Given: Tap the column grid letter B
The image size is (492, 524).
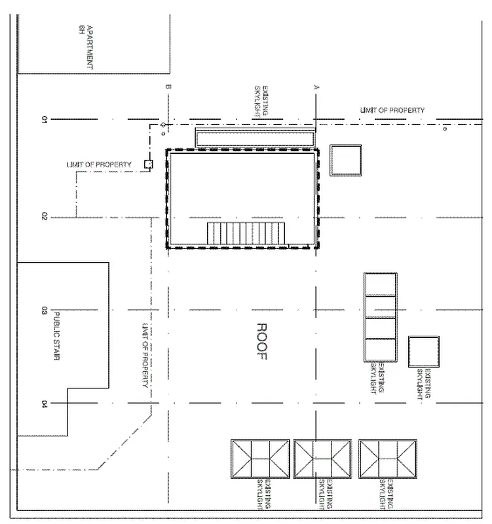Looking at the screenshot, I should click(x=168, y=87).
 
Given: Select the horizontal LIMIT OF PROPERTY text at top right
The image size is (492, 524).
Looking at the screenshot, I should click(x=392, y=110).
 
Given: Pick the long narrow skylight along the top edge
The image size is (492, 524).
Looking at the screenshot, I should click(x=254, y=138).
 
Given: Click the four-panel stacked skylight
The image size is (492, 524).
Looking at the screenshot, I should click(x=381, y=317).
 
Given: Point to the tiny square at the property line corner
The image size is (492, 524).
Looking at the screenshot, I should click(x=148, y=164).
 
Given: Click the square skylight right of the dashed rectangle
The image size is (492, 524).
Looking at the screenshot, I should click(x=345, y=160).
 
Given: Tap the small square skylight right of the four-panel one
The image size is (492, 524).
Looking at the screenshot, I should click(x=423, y=352).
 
